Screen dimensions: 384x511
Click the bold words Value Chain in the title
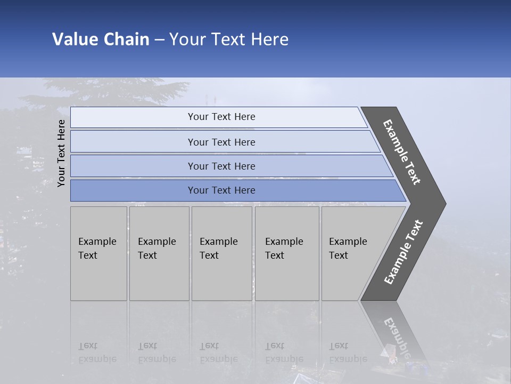pyautogui.click(x=101, y=39)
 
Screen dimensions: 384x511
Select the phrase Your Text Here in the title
pyautogui.click(x=229, y=39)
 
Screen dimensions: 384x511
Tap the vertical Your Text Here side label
pyautogui.click(x=61, y=153)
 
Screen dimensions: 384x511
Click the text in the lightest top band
pyautogui.click(x=221, y=117)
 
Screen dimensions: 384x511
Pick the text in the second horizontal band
pyautogui.click(x=221, y=142)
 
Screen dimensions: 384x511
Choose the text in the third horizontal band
pyautogui.click(x=221, y=166)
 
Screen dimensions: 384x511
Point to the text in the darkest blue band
pyautogui.click(x=221, y=190)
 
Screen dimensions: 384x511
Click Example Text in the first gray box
pyautogui.click(x=97, y=248)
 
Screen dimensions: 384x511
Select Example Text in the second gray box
pyautogui.click(x=156, y=248)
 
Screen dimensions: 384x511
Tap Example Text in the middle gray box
pyautogui.click(x=218, y=248)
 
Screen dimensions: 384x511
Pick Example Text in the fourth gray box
pyautogui.click(x=284, y=248)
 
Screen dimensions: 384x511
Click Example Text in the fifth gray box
pyautogui.click(x=348, y=248)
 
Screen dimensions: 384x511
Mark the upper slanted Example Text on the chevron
pyautogui.click(x=402, y=152)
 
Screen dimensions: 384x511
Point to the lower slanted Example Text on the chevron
pyautogui.click(x=403, y=252)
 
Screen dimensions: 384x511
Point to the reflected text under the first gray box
pyautogui.click(x=97, y=353)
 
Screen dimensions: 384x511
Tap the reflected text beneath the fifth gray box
pyautogui.click(x=348, y=353)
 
